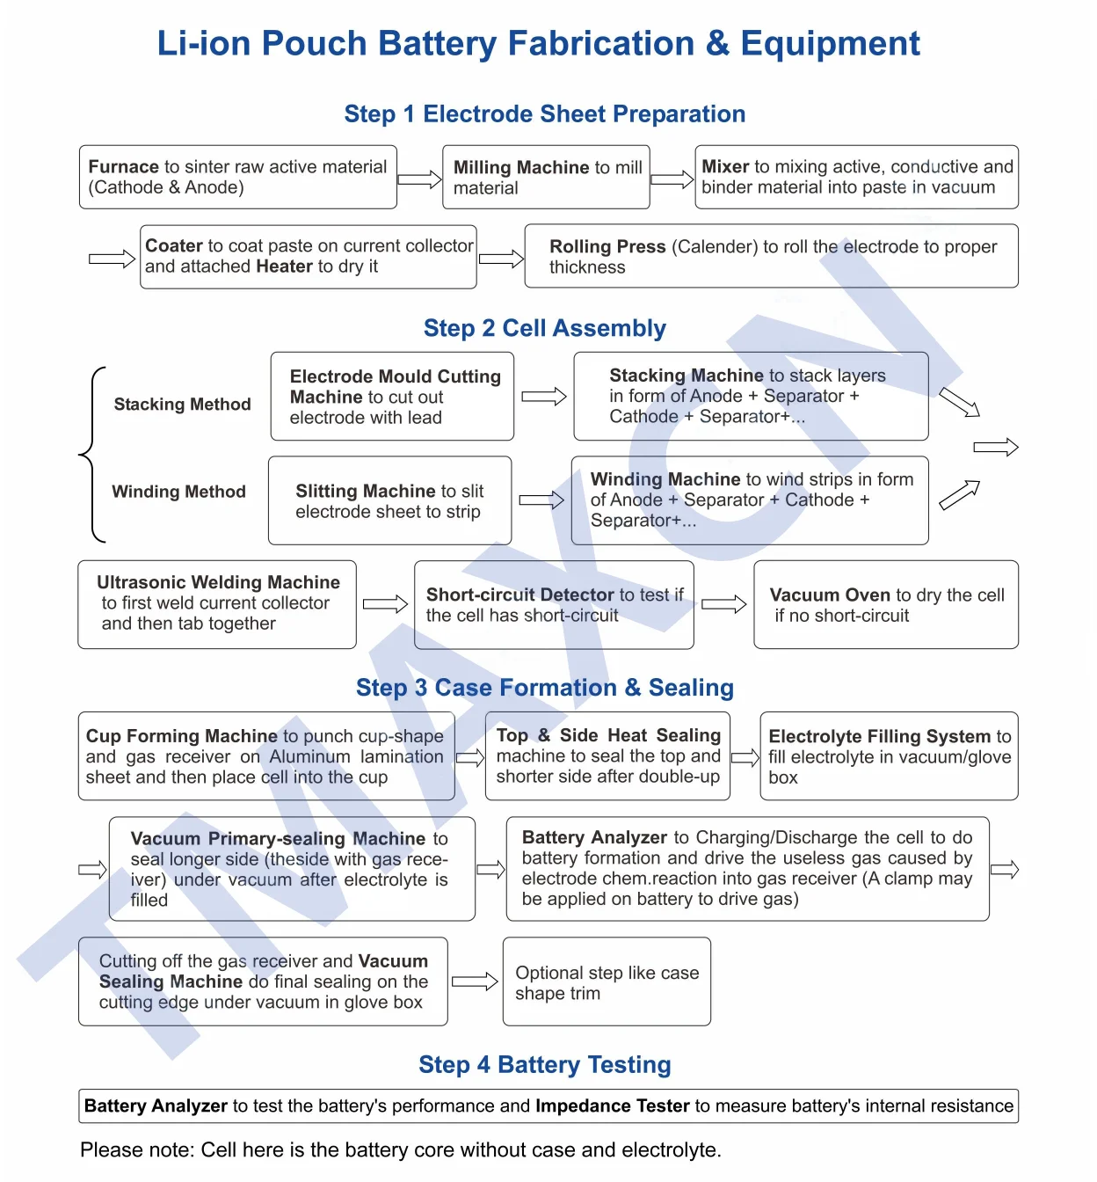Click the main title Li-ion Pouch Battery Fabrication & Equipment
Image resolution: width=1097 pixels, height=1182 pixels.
(538, 44)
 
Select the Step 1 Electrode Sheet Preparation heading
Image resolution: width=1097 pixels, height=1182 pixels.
(544, 114)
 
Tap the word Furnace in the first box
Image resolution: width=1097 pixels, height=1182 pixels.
(123, 167)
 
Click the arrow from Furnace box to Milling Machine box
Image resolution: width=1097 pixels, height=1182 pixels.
(419, 179)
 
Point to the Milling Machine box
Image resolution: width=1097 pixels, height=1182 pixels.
(546, 177)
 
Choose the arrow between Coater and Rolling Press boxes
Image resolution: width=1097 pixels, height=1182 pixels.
(501, 259)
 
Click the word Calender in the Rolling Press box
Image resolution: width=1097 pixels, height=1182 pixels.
(713, 247)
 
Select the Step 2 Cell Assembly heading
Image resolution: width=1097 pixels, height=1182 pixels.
(544, 328)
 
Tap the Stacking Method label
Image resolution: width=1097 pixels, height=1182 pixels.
(182, 405)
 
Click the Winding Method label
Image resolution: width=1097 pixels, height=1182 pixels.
(178, 492)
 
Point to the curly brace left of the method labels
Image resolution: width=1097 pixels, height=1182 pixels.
(91, 454)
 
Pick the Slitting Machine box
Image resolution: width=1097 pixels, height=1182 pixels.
(389, 500)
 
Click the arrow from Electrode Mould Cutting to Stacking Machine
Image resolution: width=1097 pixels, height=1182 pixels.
(543, 397)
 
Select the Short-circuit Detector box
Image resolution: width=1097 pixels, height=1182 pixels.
(554, 605)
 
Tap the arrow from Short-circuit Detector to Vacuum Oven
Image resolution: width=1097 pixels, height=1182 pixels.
(723, 604)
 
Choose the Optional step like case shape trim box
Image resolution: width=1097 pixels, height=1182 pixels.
(607, 981)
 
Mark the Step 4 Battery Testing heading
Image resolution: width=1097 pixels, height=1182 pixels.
(544, 1065)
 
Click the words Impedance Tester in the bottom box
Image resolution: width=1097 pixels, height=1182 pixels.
(612, 1106)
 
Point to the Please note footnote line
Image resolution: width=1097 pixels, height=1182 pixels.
(400, 1150)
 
